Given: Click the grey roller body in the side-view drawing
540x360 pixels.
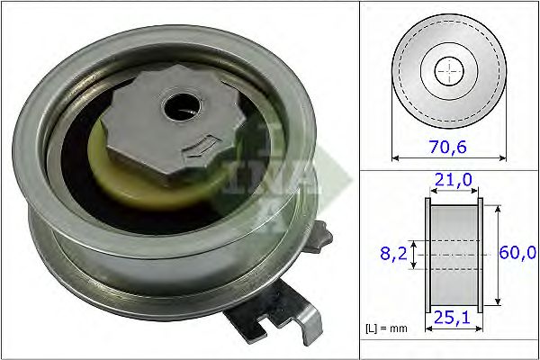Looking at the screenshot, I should [453, 255].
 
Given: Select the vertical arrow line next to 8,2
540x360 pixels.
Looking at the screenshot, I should [414, 255].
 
